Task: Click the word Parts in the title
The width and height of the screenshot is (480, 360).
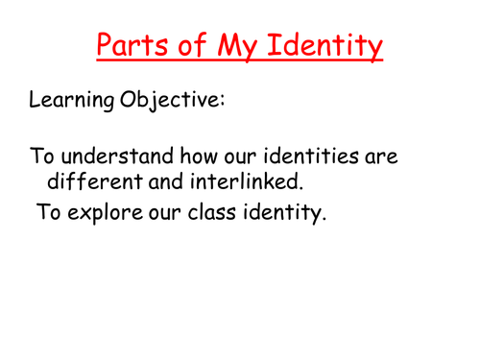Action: pyautogui.click(x=132, y=44)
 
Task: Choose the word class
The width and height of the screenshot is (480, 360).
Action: pyautogui.click(x=222, y=209)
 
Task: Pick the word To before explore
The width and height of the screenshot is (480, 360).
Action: pyautogui.click(x=50, y=209)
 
